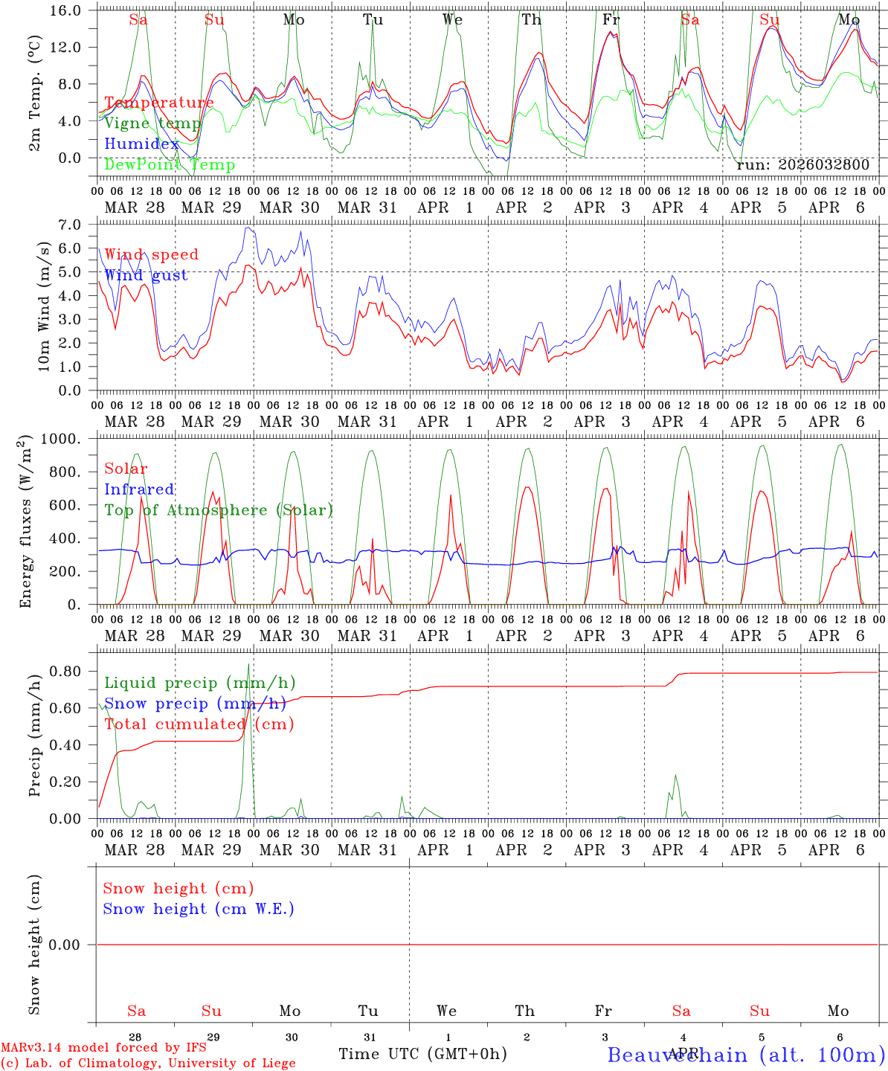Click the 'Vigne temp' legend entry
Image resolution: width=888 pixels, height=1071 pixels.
[x=152, y=123]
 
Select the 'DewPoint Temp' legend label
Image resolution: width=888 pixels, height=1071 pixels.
[x=170, y=164]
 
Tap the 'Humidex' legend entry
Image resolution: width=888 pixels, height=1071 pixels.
[x=141, y=144]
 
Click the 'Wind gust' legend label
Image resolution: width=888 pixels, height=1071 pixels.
[x=146, y=275]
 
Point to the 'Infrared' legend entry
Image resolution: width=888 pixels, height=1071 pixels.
[x=139, y=489]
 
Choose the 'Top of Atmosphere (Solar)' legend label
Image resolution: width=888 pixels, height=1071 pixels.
[x=219, y=510]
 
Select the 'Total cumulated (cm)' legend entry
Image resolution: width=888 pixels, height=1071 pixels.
[x=199, y=724]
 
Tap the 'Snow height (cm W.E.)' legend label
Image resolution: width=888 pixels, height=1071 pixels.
[x=198, y=909]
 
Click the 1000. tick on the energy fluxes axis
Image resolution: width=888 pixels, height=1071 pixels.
[x=64, y=439]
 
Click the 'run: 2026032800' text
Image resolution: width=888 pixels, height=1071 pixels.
[x=802, y=164]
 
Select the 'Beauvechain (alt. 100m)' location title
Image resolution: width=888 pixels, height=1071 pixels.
[x=746, y=1055]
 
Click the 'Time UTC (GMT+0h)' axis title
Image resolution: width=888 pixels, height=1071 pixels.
[x=422, y=1054]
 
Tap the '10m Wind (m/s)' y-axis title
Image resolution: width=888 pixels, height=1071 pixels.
[x=45, y=306]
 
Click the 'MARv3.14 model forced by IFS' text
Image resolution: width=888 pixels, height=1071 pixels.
[x=103, y=1048]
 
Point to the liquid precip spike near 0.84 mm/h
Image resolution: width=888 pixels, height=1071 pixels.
[x=248, y=665]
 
